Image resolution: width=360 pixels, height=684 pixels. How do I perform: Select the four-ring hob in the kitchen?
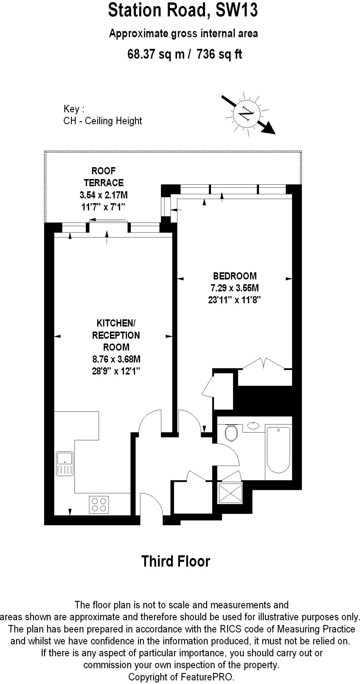point(99,505)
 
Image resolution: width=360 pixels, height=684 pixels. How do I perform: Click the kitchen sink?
point(65,463)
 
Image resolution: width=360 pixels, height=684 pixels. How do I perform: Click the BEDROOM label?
point(235,276)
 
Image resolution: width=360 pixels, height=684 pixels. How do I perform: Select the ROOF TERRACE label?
point(104,177)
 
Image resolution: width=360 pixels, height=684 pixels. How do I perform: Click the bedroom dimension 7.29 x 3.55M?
point(234,288)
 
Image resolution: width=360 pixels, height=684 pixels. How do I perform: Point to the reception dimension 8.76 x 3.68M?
point(116,359)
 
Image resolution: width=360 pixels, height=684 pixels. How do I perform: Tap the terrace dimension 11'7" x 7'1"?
point(103,207)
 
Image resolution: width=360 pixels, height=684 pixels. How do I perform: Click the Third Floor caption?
point(176,562)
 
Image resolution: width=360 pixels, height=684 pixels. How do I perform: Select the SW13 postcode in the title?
point(237,10)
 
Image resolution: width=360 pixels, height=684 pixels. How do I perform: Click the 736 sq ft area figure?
point(219,54)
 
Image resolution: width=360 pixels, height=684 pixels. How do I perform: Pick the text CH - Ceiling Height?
point(103,121)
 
